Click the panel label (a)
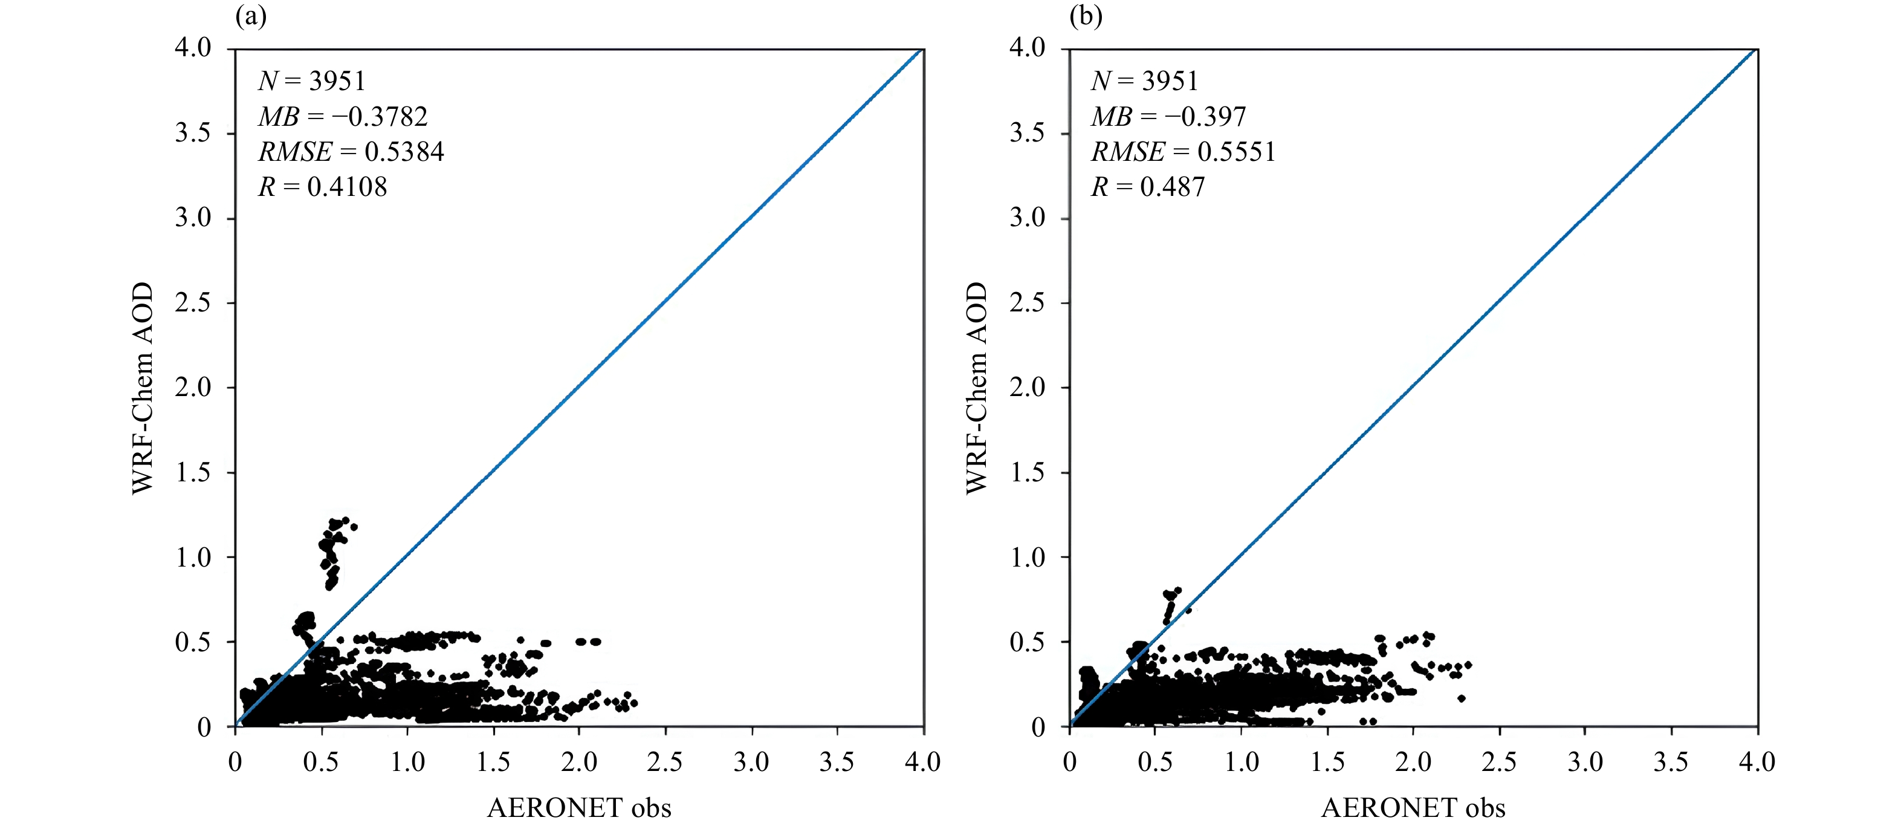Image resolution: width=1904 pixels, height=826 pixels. click(251, 16)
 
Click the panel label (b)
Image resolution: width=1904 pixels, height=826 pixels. click(1086, 16)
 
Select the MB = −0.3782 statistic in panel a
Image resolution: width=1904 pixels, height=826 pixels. click(343, 116)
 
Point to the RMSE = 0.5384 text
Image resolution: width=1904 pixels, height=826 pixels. click(351, 152)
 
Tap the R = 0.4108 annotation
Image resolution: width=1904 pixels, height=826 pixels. click(322, 186)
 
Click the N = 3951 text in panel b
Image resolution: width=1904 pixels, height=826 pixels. click(1144, 80)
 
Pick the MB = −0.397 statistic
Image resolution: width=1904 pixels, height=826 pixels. click(1168, 116)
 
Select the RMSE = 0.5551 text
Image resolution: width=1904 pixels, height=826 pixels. click(1184, 152)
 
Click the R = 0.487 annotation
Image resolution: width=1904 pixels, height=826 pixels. click(1148, 186)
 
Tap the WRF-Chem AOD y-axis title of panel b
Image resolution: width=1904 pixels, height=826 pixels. click(976, 388)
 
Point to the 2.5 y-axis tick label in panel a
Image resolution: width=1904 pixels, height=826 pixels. click(193, 302)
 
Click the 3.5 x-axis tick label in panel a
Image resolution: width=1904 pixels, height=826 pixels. click(837, 762)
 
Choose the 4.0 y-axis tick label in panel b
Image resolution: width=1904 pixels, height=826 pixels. click(1028, 48)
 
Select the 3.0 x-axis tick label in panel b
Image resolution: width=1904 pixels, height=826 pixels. click(1585, 762)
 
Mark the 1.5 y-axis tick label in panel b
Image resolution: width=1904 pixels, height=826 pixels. click(1028, 472)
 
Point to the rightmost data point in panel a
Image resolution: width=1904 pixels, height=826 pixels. click(634, 703)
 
